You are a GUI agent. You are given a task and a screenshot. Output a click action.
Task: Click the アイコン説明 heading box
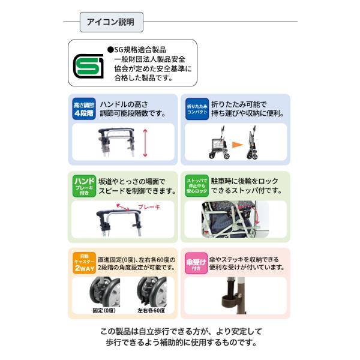click(112, 22)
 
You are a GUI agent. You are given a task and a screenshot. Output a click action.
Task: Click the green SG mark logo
click(88, 66)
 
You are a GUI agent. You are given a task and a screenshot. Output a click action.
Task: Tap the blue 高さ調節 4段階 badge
click(84, 109)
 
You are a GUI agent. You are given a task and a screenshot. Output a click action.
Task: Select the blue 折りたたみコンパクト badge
click(197, 109)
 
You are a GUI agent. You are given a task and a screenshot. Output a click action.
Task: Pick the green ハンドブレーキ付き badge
click(84, 186)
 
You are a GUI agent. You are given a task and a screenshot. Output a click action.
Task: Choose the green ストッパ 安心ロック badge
click(197, 186)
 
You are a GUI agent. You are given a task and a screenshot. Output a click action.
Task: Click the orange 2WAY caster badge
click(84, 263)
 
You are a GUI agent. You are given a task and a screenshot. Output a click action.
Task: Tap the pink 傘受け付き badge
click(196, 263)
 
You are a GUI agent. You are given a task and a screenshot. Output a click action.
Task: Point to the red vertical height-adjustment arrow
click(145, 143)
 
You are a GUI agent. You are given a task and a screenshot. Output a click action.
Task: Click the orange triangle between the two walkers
click(237, 145)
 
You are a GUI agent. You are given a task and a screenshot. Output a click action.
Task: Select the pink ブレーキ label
click(149, 207)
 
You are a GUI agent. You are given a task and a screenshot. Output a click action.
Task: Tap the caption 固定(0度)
click(104, 310)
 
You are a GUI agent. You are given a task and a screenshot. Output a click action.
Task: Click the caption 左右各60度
click(151, 310)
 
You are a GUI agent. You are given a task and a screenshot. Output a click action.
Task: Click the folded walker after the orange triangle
click(252, 142)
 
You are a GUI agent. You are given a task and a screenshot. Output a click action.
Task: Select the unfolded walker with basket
click(219, 142)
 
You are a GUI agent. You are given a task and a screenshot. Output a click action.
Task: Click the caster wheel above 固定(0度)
click(105, 292)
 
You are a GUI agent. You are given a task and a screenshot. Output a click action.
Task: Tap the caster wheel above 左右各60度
click(152, 292)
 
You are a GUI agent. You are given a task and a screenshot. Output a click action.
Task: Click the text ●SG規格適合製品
click(137, 50)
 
